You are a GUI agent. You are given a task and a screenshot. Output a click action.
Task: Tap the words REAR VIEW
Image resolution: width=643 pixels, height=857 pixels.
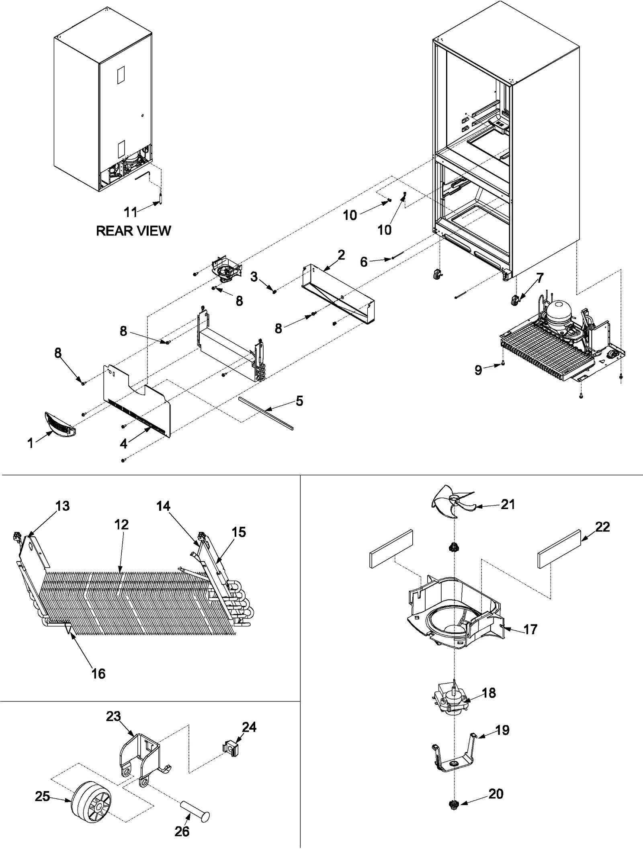(x=133, y=231)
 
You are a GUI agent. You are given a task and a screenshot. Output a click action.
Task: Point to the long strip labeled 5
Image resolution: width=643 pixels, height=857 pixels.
(x=265, y=413)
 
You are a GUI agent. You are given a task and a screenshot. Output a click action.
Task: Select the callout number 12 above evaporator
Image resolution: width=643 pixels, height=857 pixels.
(x=121, y=524)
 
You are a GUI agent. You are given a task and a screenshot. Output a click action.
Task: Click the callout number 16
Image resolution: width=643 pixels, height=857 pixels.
(x=98, y=673)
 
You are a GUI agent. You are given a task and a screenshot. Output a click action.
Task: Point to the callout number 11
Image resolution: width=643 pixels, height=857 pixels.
(x=130, y=212)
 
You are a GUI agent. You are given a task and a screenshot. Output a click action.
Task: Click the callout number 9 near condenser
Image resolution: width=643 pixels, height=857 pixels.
(x=478, y=370)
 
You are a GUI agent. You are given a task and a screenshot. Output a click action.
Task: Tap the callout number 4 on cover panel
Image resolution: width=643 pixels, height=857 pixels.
(x=123, y=444)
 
